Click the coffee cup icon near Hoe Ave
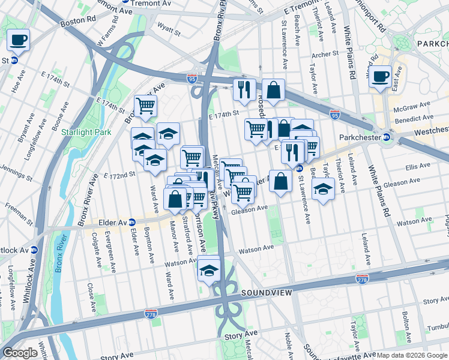click(x=19, y=40)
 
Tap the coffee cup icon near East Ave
click(x=381, y=77)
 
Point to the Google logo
click(x=20, y=353)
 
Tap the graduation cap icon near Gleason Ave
click(x=323, y=190)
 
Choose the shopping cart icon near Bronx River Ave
click(x=145, y=106)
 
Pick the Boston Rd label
click(x=82, y=20)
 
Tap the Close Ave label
click(x=91, y=293)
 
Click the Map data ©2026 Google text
click(x=411, y=355)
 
